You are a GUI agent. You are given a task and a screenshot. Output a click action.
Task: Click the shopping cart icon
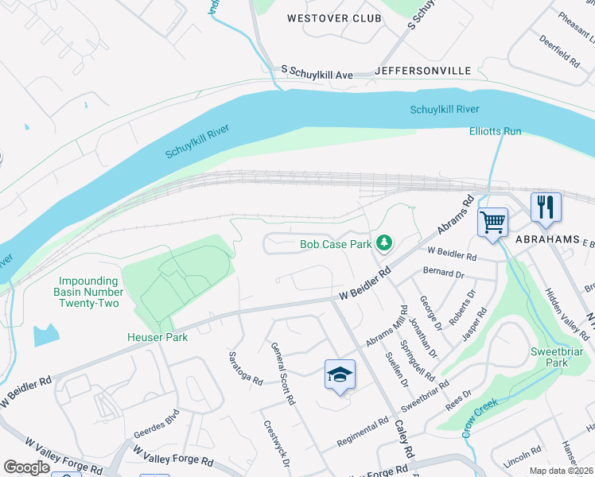pos(493,222)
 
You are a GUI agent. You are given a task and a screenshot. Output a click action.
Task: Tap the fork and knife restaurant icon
pos(546,207)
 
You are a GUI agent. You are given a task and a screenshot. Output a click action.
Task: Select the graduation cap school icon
pos(340,375)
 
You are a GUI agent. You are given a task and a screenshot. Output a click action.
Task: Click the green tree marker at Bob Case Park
pos(385,242)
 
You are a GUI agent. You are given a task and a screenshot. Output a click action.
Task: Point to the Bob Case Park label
pos(336,244)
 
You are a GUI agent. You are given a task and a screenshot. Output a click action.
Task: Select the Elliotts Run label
pos(495,130)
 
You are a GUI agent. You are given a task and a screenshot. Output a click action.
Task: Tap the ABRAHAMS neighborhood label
pos(545,239)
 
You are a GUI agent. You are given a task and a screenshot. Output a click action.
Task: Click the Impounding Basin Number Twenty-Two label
pos(90,292)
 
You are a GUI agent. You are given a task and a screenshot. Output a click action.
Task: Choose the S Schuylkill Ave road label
pos(317,73)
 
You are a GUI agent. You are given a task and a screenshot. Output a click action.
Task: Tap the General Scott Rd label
pos(282,374)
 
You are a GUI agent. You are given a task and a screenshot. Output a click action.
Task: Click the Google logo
pos(26,467)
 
